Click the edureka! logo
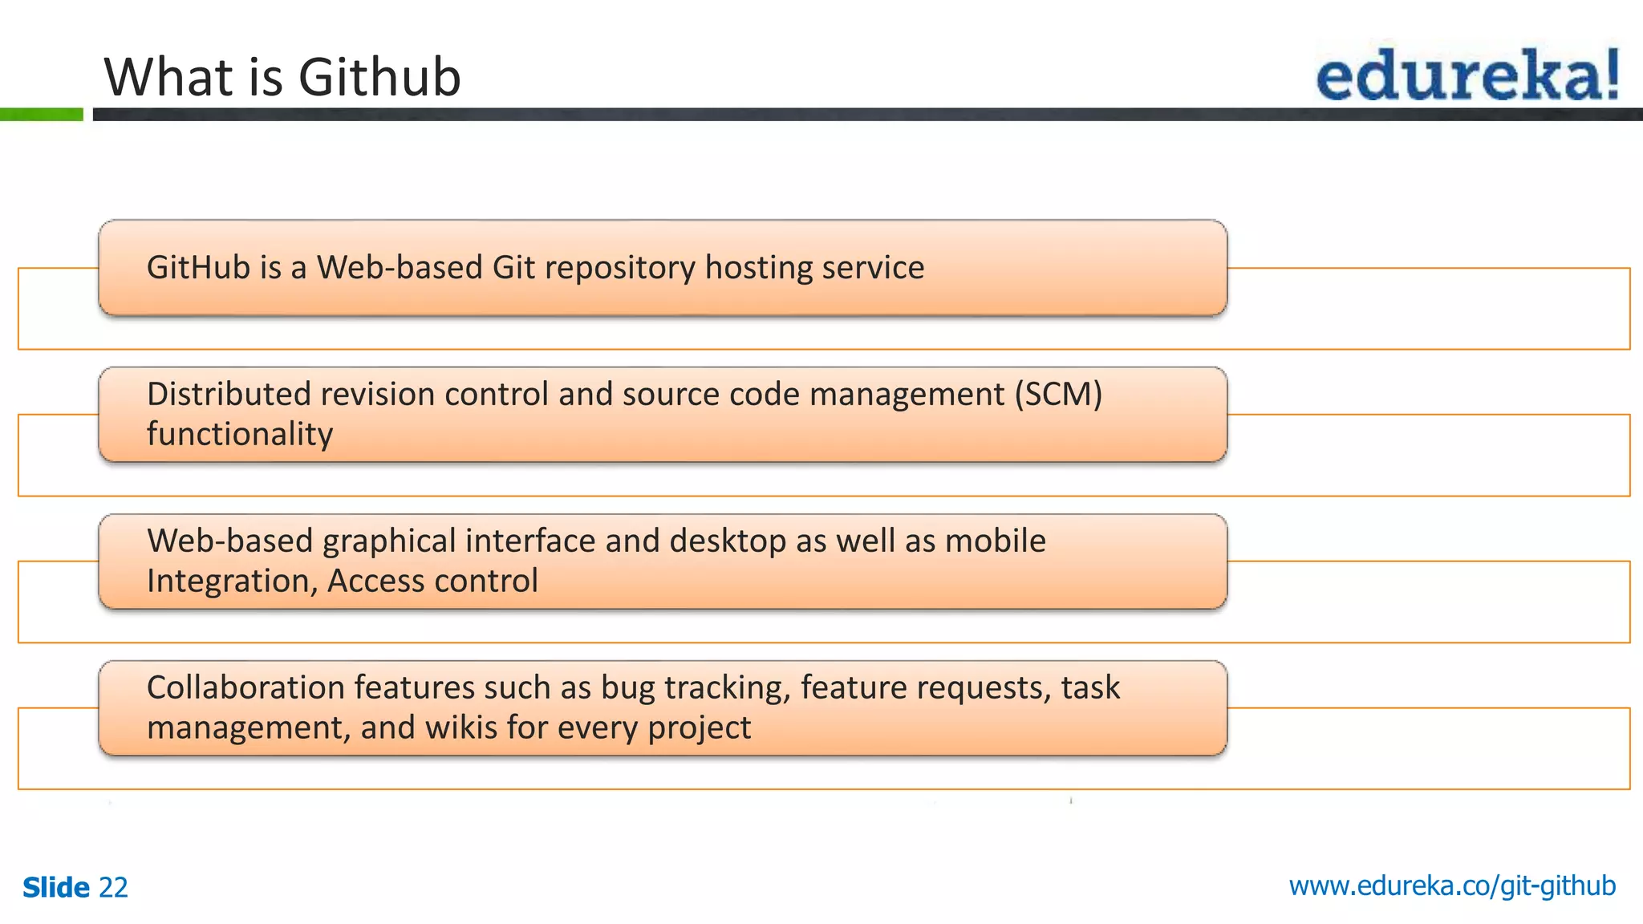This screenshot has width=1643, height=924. pos(1467,75)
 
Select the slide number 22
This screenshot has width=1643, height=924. pos(113,888)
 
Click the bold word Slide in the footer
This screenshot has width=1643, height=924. pos(56,888)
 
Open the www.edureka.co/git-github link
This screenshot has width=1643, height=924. pos(1452,886)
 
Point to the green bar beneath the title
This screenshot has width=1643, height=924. pos(41,115)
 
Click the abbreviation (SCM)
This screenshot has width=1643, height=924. pos(1058,395)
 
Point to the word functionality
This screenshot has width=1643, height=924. pos(239,435)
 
